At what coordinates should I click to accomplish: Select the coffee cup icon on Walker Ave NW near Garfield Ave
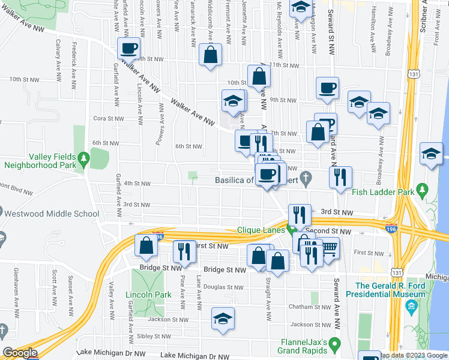click(x=128, y=49)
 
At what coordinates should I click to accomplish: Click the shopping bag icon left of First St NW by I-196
click(x=146, y=245)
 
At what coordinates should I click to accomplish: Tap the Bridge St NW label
click(x=224, y=271)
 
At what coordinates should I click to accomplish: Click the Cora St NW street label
click(x=108, y=119)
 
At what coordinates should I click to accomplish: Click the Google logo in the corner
click(x=20, y=353)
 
